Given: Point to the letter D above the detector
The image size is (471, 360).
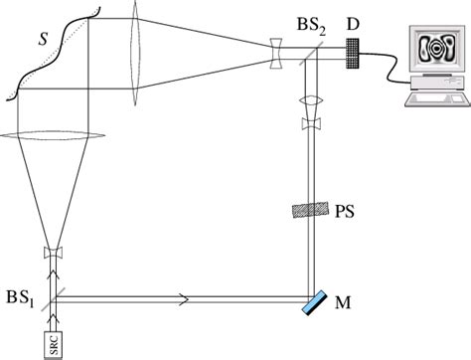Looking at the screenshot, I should (x=353, y=19).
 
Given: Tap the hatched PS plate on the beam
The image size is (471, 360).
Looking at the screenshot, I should (x=313, y=210).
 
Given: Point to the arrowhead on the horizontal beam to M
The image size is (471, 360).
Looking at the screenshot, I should (x=186, y=295).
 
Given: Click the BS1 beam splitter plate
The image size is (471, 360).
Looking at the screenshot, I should (x=52, y=295).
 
